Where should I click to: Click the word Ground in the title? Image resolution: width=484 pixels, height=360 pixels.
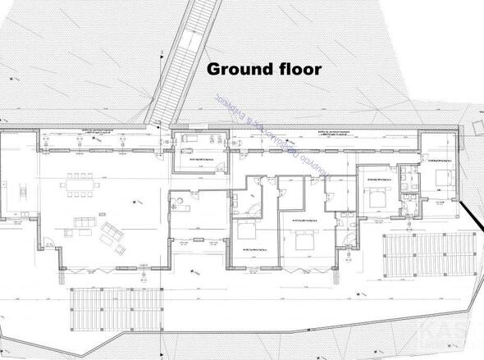tap(237, 68)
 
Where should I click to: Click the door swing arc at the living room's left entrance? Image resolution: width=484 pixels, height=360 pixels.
tap(50, 244)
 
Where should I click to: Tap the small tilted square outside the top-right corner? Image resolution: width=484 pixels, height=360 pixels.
tap(478, 127)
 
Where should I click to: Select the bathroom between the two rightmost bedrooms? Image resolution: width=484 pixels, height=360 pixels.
tap(407, 185)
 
